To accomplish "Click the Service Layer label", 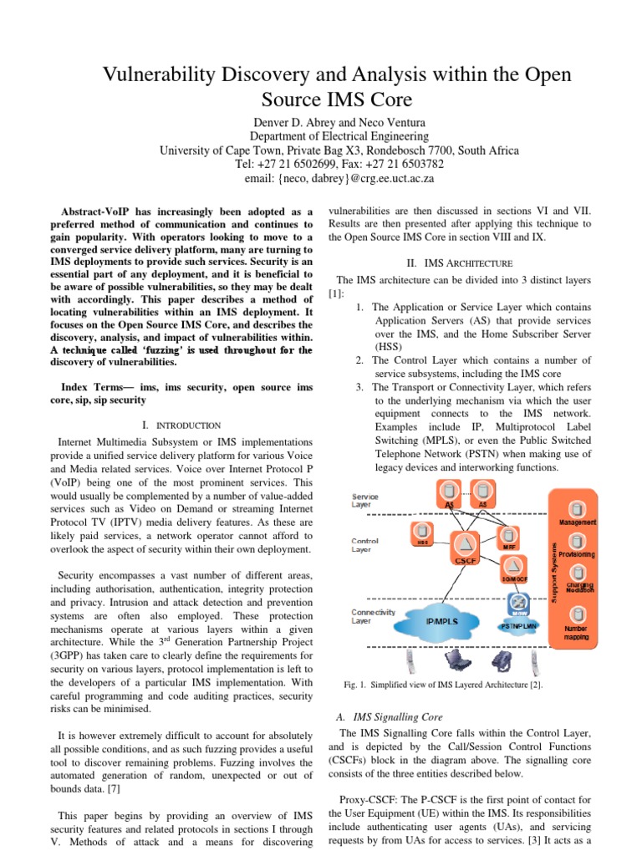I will pyautogui.click(x=364, y=500).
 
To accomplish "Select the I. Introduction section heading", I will pyautogui.click(x=181, y=425).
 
